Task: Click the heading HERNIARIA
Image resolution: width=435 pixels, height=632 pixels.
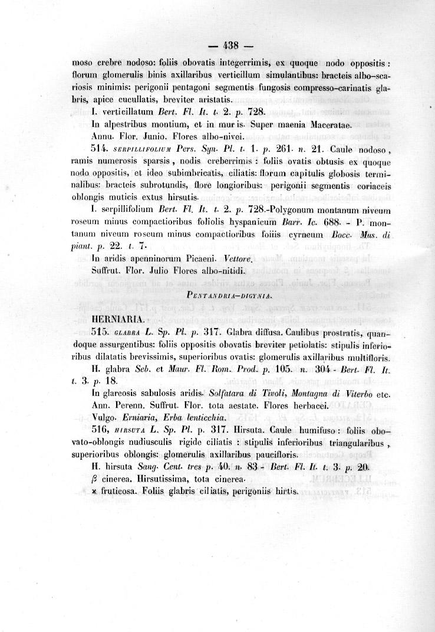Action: [x=118, y=319]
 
